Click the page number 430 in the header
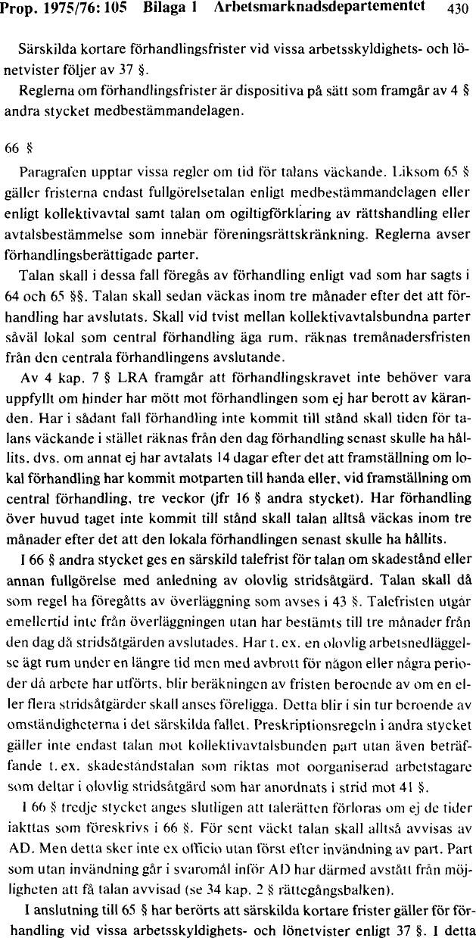point(459,8)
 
